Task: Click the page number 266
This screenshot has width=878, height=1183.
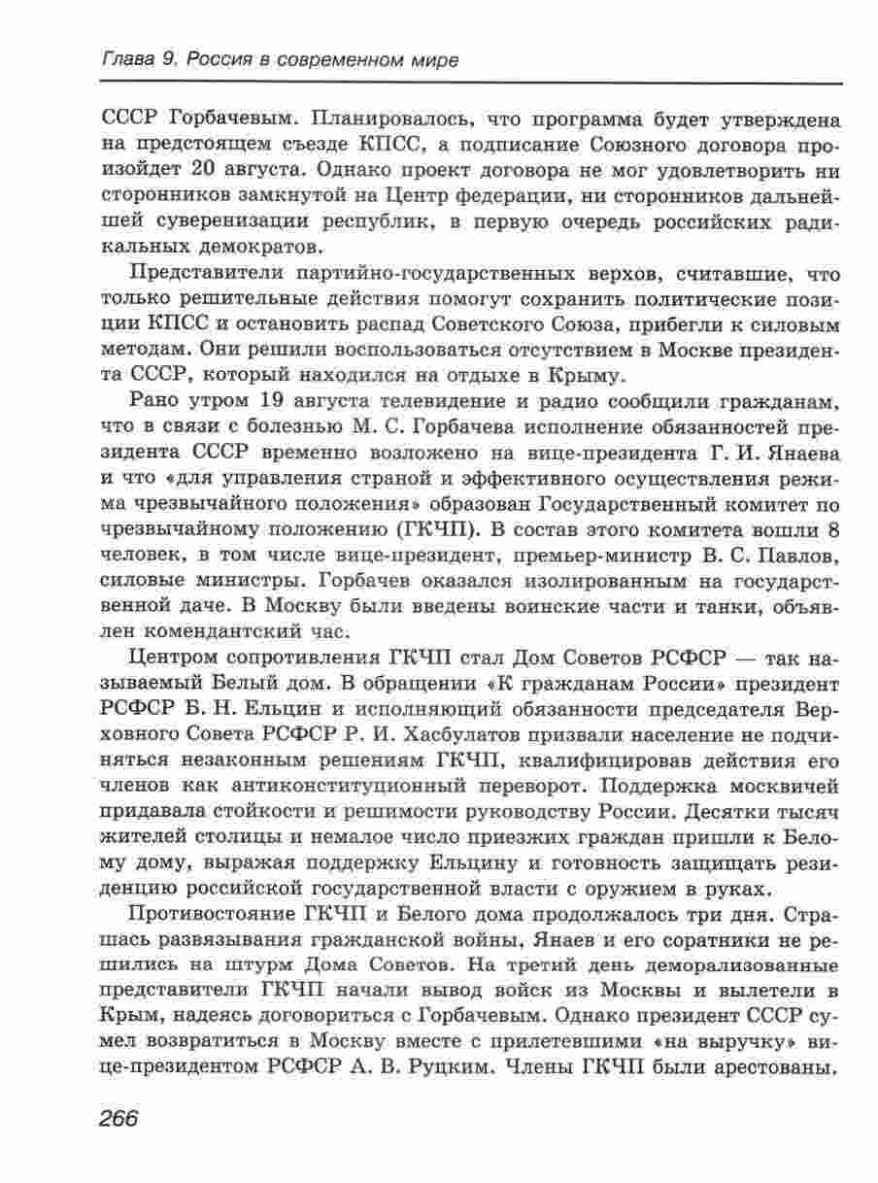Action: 120,1115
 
